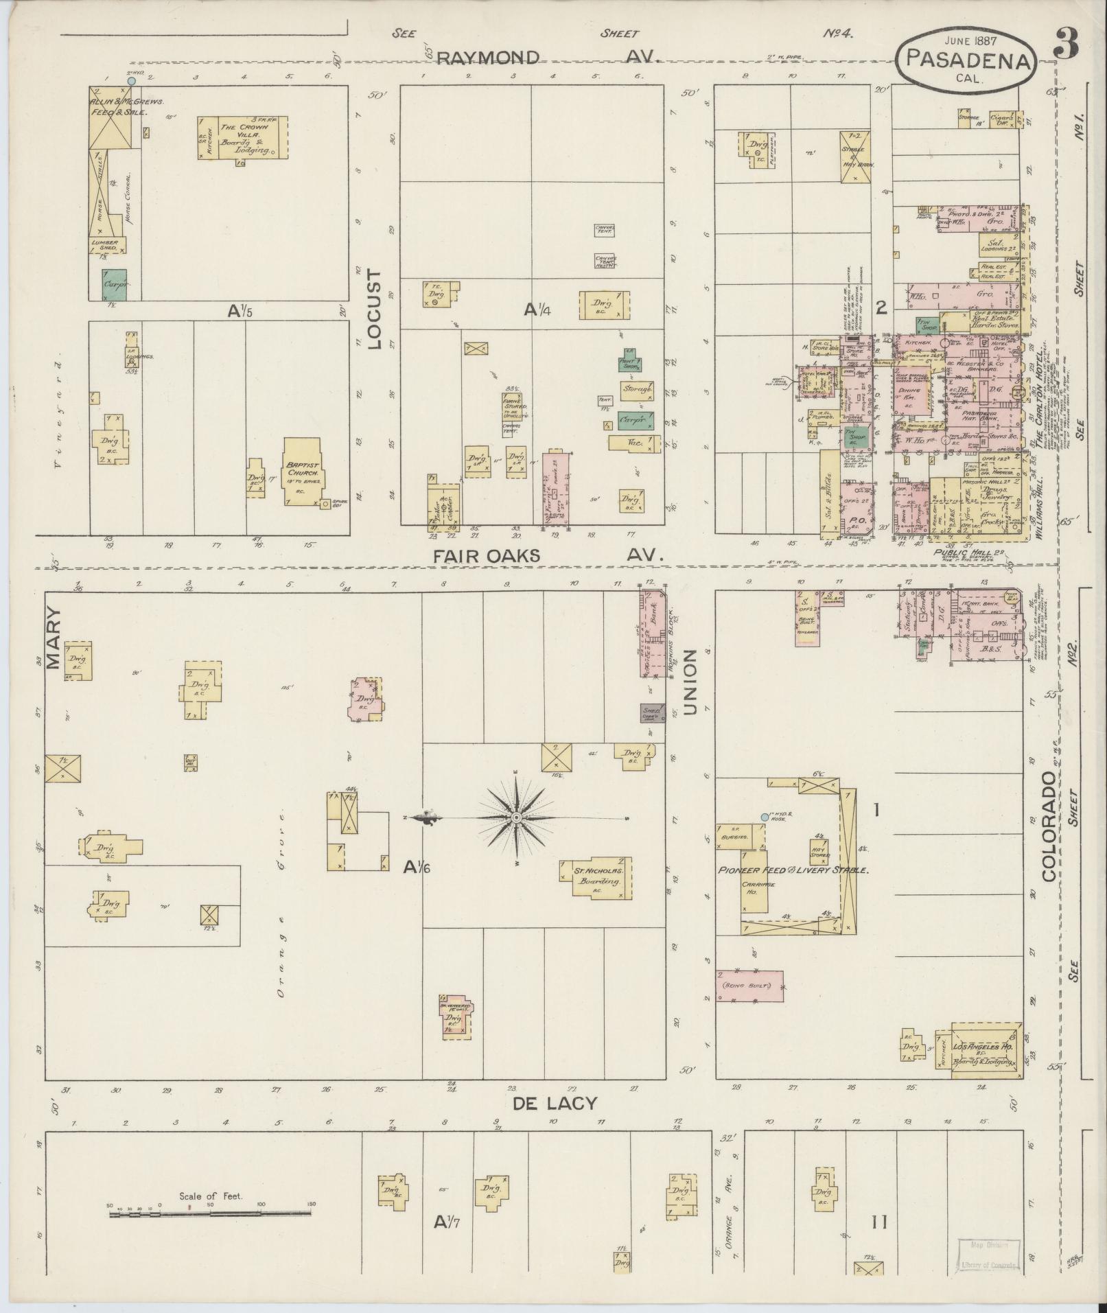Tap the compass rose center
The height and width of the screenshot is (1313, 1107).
(516, 817)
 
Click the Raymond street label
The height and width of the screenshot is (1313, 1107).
(487, 57)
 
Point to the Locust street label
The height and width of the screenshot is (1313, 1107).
(374, 310)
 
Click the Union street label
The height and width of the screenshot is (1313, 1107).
(689, 682)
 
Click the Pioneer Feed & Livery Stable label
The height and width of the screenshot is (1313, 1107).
(793, 870)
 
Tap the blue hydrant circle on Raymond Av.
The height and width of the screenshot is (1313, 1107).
(132, 81)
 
